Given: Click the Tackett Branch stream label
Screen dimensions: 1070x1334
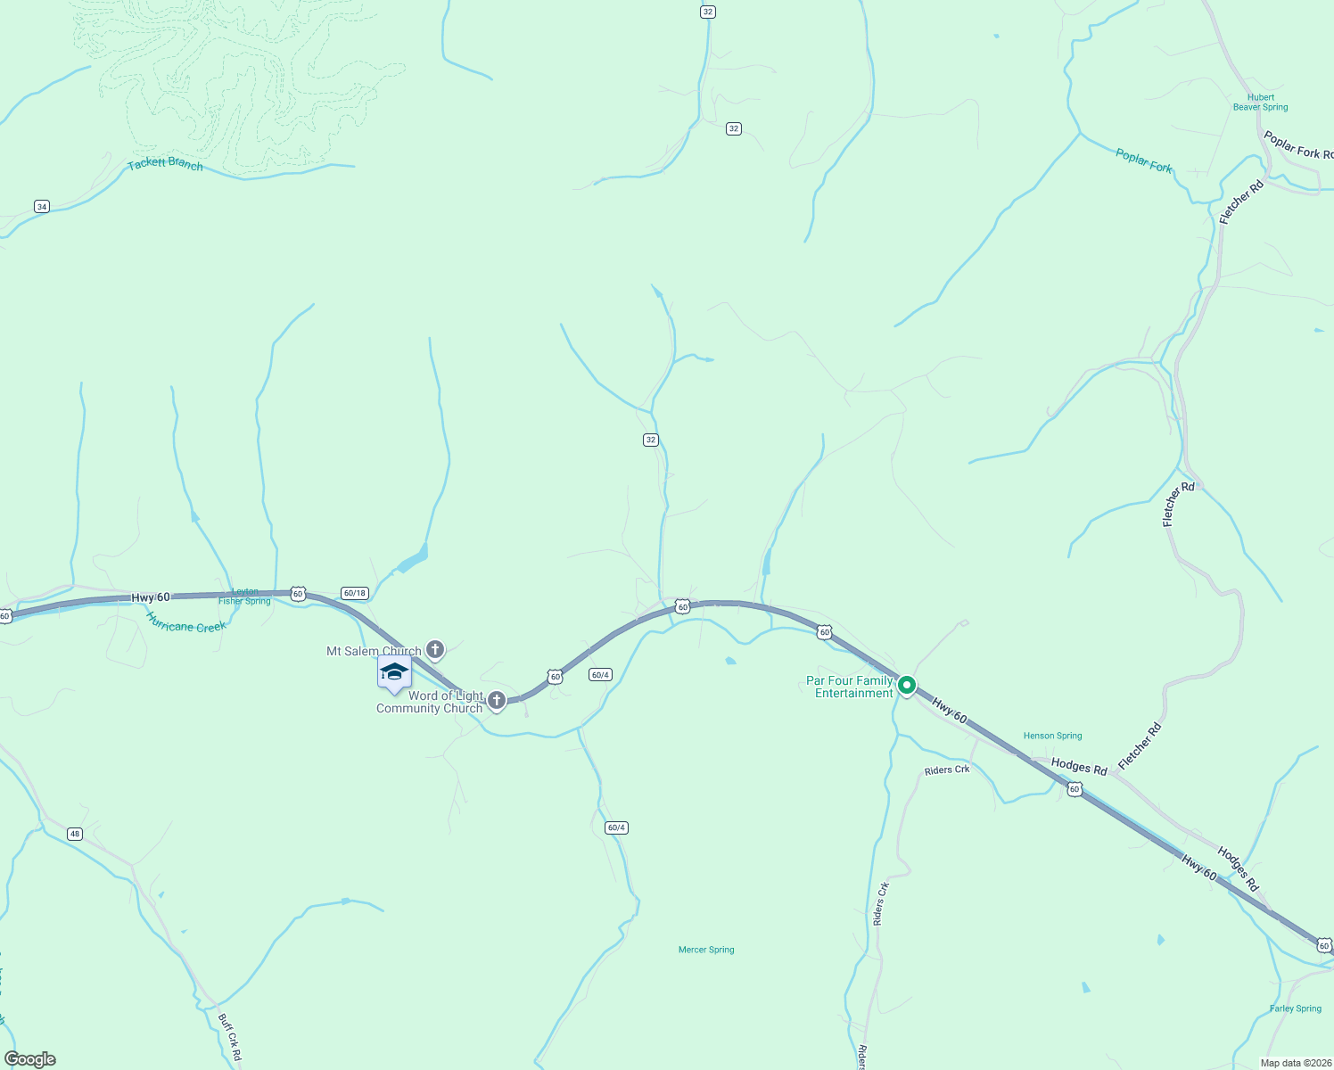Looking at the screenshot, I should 165,164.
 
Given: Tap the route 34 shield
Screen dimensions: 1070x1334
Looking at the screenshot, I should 42,207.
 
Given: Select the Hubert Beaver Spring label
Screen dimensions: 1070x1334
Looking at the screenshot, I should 1260,103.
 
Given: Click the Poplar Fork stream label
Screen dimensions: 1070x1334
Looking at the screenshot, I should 1144,161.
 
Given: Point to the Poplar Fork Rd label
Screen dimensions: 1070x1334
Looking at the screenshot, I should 1297,145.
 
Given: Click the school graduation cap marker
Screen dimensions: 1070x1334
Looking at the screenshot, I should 394,672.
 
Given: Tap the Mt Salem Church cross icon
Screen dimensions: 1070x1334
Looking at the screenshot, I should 435,649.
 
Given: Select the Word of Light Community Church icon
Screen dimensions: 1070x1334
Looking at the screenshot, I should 497,701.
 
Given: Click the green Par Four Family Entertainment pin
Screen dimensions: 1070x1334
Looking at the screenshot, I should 906,685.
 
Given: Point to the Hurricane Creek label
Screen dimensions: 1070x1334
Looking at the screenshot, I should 186,622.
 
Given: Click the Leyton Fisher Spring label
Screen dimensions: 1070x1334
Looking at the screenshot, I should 244,597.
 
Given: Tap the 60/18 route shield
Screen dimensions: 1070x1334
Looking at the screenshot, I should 354,593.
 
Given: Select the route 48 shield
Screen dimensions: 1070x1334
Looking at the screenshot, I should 75,835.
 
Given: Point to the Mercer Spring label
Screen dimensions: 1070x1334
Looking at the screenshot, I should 706,951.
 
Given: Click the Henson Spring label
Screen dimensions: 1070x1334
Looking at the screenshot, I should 1052,737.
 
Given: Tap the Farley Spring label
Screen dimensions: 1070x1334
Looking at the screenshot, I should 1295,1009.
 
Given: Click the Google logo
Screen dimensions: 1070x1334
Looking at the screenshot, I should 30,1059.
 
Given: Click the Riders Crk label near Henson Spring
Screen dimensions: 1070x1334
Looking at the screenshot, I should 946,770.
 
